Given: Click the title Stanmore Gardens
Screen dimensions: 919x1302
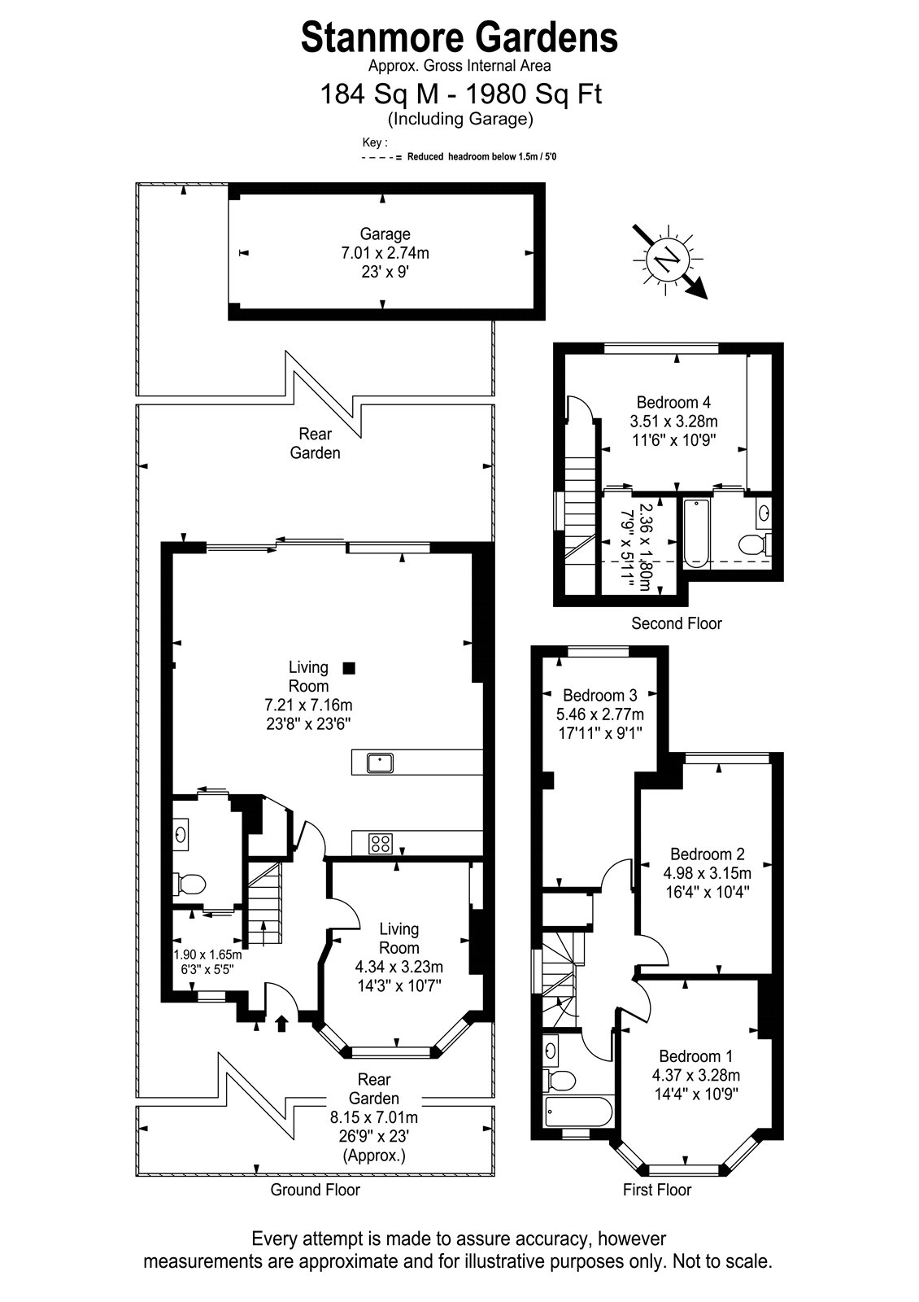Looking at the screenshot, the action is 459,38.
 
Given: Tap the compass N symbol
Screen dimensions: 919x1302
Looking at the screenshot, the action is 667,257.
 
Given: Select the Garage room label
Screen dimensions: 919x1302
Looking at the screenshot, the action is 385,234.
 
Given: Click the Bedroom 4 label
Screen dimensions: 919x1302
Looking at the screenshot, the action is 673,402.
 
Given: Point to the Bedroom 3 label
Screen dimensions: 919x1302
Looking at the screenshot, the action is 600,695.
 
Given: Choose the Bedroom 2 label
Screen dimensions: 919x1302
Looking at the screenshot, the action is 707,854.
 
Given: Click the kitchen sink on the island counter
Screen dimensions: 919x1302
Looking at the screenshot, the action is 380,762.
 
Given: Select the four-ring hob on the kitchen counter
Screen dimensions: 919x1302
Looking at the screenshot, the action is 380,843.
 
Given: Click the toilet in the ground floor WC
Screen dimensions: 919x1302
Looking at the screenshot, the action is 189,885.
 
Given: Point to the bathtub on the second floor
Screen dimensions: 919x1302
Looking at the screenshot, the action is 696,532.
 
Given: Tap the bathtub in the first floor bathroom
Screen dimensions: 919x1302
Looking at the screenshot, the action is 577,1112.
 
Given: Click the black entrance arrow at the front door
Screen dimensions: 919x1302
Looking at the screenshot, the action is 281,1023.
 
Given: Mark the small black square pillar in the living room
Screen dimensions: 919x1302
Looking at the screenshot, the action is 349,668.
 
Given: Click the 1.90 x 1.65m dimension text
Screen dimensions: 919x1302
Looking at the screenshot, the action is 207,955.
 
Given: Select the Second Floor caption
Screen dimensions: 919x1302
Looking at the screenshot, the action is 676,623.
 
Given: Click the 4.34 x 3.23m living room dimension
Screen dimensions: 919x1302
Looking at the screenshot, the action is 399,967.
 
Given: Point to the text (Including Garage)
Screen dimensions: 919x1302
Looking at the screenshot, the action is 460,119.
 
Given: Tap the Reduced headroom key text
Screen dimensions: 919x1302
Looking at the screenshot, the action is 481,157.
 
